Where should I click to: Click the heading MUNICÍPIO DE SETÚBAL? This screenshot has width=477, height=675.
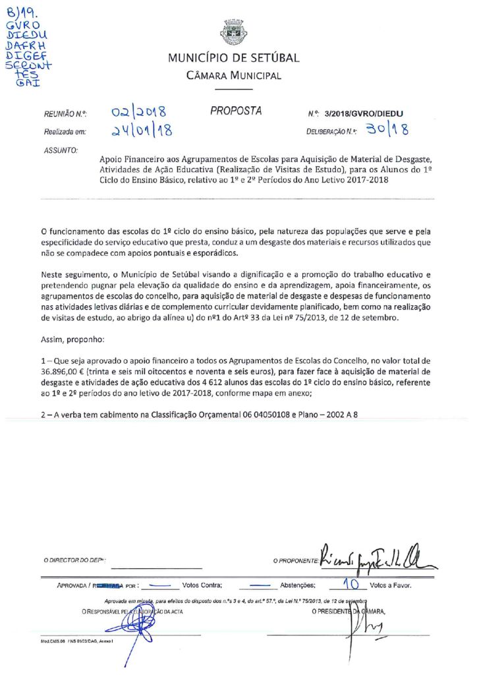pyautogui.click(x=233, y=58)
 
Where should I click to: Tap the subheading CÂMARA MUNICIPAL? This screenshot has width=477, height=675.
pyautogui.click(x=233, y=76)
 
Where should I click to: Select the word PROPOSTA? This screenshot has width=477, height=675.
pyautogui.click(x=236, y=111)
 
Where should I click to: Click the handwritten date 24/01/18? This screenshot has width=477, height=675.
pyautogui.click(x=142, y=131)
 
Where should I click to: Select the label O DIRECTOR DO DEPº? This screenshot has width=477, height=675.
pyautogui.click(x=74, y=561)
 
